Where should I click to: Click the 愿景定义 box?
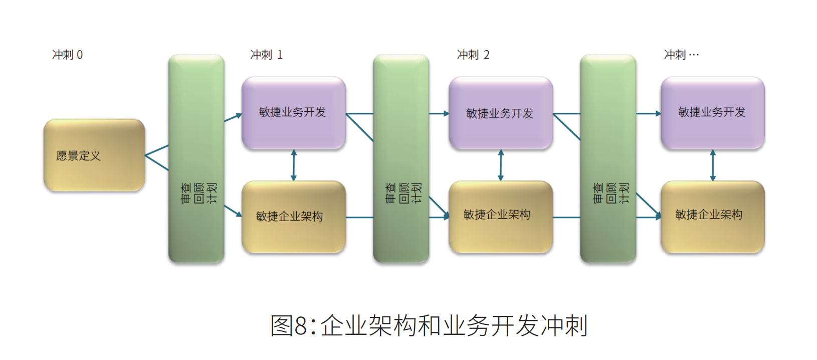point(94,155)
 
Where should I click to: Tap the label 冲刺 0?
point(67,55)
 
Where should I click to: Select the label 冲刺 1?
point(266,55)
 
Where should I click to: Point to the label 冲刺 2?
point(473,55)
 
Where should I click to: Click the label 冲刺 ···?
point(681,55)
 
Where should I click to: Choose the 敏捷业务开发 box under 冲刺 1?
point(293,112)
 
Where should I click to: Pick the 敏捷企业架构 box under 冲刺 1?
point(293,217)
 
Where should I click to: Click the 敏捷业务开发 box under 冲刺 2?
point(500,113)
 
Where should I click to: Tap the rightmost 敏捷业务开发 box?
point(712,112)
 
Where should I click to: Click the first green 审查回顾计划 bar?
point(196,158)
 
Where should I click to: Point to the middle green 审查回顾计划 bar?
point(401,158)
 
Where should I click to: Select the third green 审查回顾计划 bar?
point(608,158)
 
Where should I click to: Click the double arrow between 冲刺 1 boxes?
point(294,165)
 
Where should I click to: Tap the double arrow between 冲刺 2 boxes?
point(500,165)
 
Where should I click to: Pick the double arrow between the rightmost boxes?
point(713,165)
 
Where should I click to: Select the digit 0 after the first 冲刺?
point(80,55)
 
